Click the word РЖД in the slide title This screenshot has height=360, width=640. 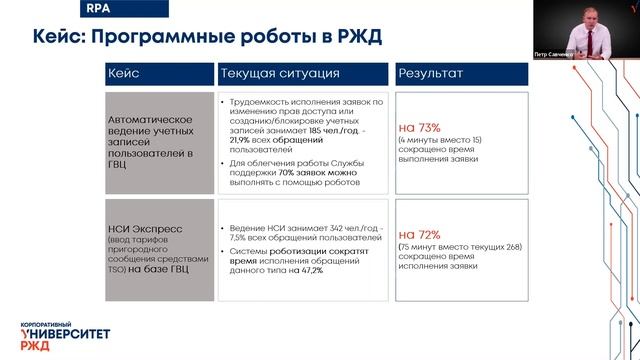point(356,38)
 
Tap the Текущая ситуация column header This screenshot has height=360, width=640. point(280,74)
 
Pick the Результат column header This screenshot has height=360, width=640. point(430,74)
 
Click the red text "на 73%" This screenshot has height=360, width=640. point(420,128)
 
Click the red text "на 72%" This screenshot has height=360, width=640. point(420,234)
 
